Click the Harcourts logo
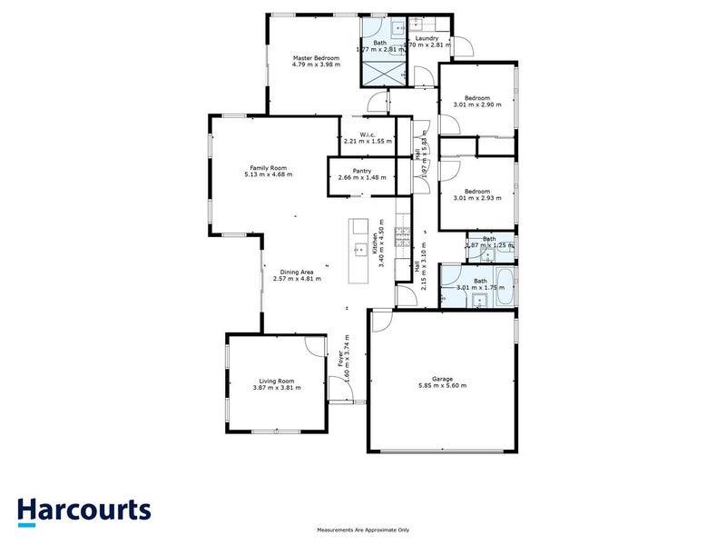click(x=84, y=510)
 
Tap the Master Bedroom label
click(x=316, y=58)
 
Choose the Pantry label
click(x=363, y=170)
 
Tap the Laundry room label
click(x=427, y=38)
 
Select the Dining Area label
click(x=297, y=272)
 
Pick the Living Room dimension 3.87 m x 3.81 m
click(x=277, y=388)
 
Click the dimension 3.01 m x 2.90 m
click(x=477, y=104)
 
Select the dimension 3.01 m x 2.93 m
click(x=477, y=197)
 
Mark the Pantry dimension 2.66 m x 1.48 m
click(x=363, y=176)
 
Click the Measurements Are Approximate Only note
click(x=363, y=530)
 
